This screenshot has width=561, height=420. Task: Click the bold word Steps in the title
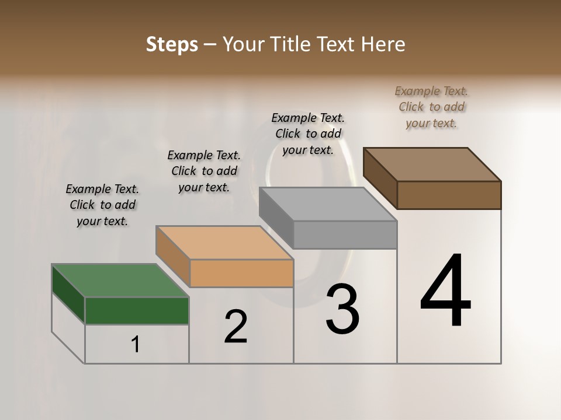tap(172, 44)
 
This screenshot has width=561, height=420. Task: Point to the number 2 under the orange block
tap(236, 327)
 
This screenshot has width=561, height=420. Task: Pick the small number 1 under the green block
tap(136, 345)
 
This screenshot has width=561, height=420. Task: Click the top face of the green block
tap(120, 281)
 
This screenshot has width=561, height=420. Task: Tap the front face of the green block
tap(137, 310)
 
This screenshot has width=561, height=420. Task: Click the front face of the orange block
tap(241, 273)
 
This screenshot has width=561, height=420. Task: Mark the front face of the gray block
tap(345, 235)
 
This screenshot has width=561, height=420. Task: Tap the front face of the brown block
tap(449, 195)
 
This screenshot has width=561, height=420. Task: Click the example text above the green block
tap(102, 205)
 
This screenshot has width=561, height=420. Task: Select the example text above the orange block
tap(204, 171)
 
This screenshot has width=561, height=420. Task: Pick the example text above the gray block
tap(308, 134)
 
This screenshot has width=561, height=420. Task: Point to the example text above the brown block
tap(431, 107)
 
